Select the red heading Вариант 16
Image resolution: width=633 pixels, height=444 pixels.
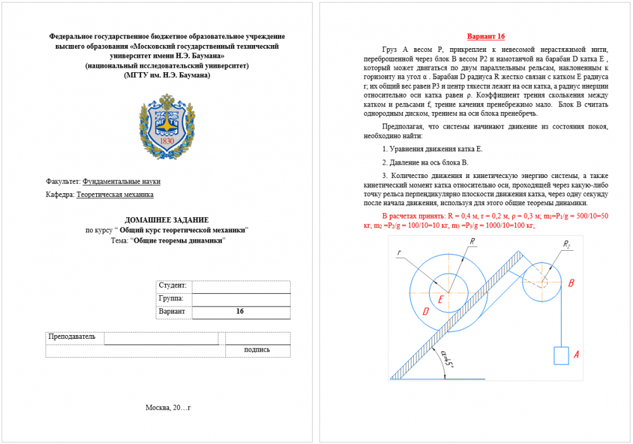[x=486, y=37]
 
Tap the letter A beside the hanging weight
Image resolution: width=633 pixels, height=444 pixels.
[x=576, y=356]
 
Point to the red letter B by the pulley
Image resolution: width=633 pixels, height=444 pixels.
[x=571, y=283]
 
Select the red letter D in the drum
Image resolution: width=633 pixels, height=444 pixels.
[x=425, y=311]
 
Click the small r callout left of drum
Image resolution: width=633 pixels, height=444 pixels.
[x=399, y=253]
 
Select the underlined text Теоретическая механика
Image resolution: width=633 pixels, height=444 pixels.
[x=115, y=195]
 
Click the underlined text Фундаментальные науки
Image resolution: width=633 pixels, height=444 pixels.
[x=122, y=181]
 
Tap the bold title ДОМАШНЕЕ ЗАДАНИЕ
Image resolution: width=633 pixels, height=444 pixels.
[x=167, y=219]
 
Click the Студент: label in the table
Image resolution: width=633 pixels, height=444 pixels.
[x=172, y=286]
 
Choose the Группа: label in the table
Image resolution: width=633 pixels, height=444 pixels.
[x=171, y=298]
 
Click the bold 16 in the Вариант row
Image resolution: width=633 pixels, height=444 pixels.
[x=240, y=312]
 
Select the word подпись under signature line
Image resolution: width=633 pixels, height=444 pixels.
[x=257, y=350]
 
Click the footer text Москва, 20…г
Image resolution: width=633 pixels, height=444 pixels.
[x=168, y=407]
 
